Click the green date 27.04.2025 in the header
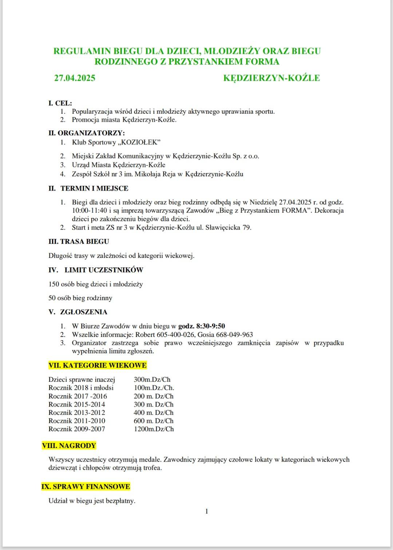point(75,78)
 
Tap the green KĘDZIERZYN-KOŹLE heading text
point(271,78)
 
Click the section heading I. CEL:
point(60,103)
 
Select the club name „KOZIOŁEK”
point(139,142)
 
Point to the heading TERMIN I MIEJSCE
point(94,188)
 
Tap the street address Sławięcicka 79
point(228,228)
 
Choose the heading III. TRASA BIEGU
point(79,241)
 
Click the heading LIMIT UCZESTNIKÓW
point(104,270)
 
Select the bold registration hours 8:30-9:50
point(210,326)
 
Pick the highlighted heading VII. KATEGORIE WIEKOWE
point(98,365)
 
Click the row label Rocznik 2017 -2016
point(78,396)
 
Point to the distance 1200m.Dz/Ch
point(154,429)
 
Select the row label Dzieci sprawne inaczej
point(82,380)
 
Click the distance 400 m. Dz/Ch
point(154,413)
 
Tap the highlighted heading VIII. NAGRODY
point(69,446)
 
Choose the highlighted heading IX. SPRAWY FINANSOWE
point(86,487)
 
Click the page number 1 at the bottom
point(207,511)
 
